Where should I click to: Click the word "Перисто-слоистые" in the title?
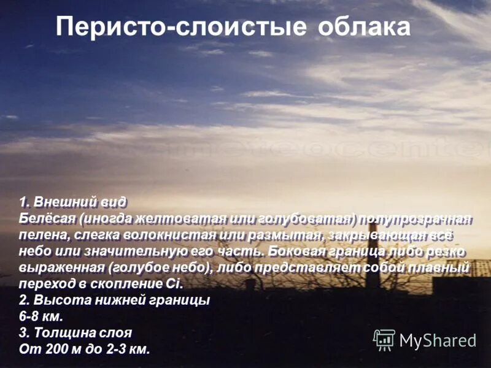[182, 27]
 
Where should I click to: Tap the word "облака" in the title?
[364, 27]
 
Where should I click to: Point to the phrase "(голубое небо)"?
[154, 267]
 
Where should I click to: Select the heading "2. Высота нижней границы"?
[114, 301]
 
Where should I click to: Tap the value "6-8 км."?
[41, 317]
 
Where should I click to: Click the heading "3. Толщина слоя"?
[75, 334]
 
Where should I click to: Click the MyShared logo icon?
[384, 339]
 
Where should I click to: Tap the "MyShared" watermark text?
[438, 340]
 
